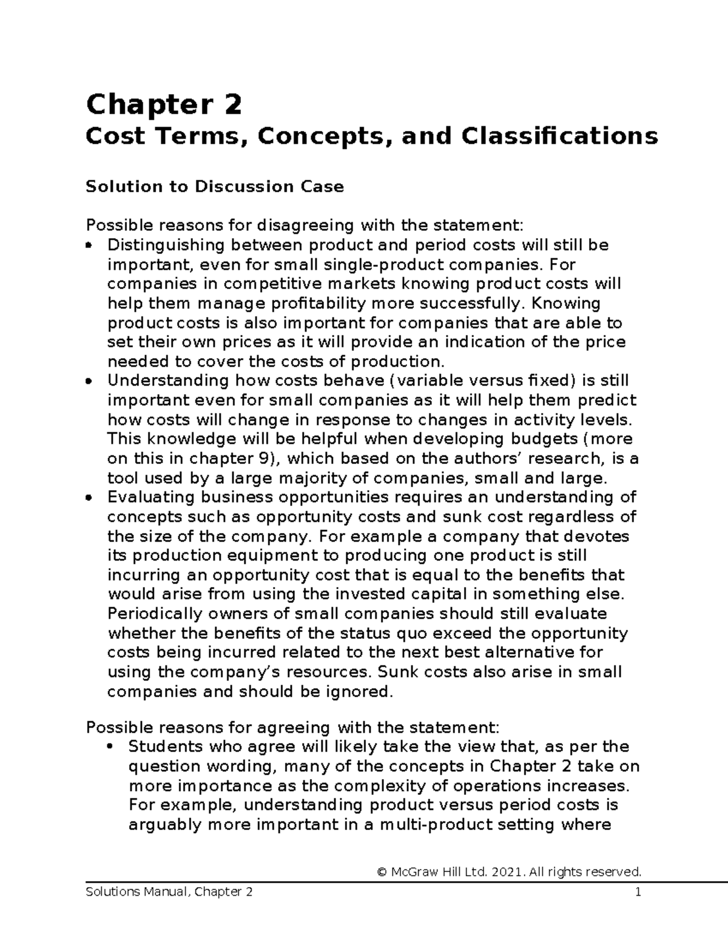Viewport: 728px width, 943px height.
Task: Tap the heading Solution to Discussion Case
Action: point(215,186)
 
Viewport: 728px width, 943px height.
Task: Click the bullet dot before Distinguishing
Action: point(89,246)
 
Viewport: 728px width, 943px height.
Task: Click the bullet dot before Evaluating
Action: point(89,498)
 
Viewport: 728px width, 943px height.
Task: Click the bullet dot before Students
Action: point(110,747)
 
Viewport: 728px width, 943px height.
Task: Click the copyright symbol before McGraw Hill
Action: point(382,873)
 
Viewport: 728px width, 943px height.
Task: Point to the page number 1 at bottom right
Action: point(638,892)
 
